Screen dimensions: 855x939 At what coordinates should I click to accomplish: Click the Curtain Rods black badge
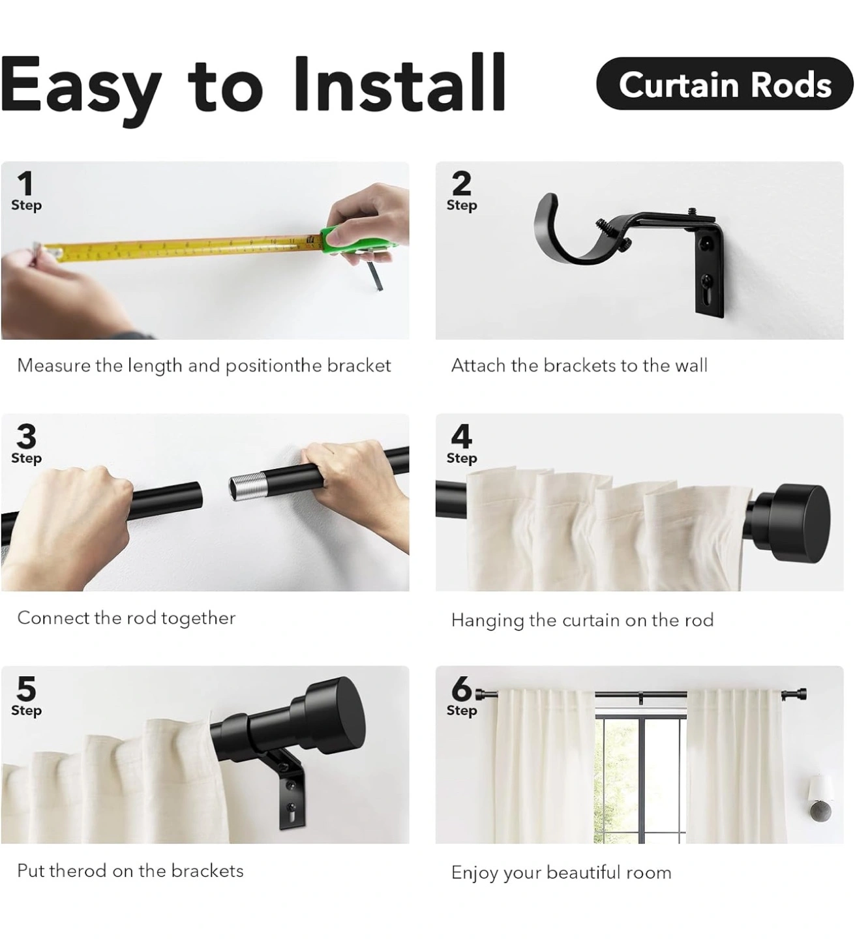[x=725, y=83]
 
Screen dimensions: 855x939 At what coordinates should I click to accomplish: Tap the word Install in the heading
[x=399, y=82]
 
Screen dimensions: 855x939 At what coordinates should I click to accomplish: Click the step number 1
[x=25, y=183]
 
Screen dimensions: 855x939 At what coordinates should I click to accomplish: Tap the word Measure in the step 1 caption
[x=53, y=366]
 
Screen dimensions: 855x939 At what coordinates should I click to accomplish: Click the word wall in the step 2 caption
[x=691, y=366]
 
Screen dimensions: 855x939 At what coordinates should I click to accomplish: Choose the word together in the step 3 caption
[x=198, y=619]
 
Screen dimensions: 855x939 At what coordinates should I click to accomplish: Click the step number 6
[x=462, y=689]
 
